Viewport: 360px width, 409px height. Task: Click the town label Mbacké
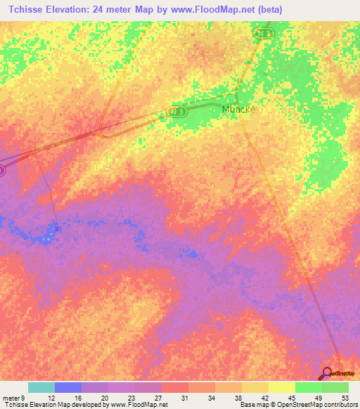point(238,109)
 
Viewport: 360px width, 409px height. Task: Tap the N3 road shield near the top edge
point(263,34)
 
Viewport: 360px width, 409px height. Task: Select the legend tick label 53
point(345,398)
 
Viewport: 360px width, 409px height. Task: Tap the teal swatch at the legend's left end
point(41,387)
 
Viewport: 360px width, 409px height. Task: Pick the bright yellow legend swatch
point(281,387)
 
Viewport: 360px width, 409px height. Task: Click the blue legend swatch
point(68,387)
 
